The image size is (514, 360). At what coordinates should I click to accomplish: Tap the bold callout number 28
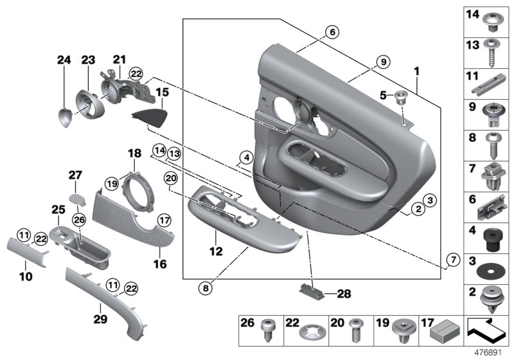344,294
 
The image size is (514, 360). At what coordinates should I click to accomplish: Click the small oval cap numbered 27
76,197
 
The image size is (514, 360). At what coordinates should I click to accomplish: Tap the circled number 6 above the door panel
331,32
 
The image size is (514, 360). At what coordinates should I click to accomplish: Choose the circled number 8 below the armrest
205,289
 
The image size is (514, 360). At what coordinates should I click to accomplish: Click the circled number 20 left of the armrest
170,177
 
